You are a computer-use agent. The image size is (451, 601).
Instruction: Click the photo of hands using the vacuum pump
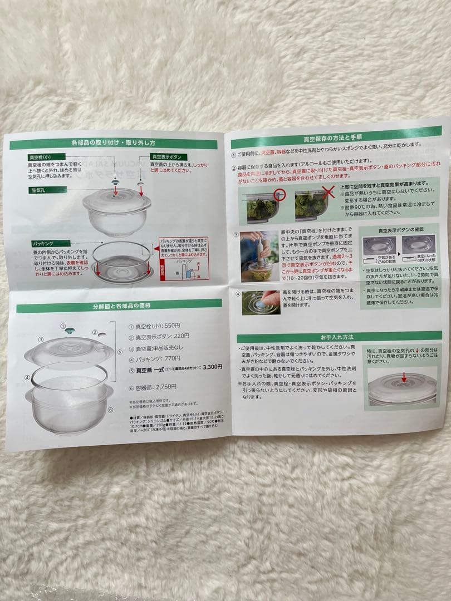pos(259,256)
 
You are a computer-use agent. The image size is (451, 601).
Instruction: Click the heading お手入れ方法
pos(339,336)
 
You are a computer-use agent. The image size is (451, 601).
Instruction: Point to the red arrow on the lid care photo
pos(404,378)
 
